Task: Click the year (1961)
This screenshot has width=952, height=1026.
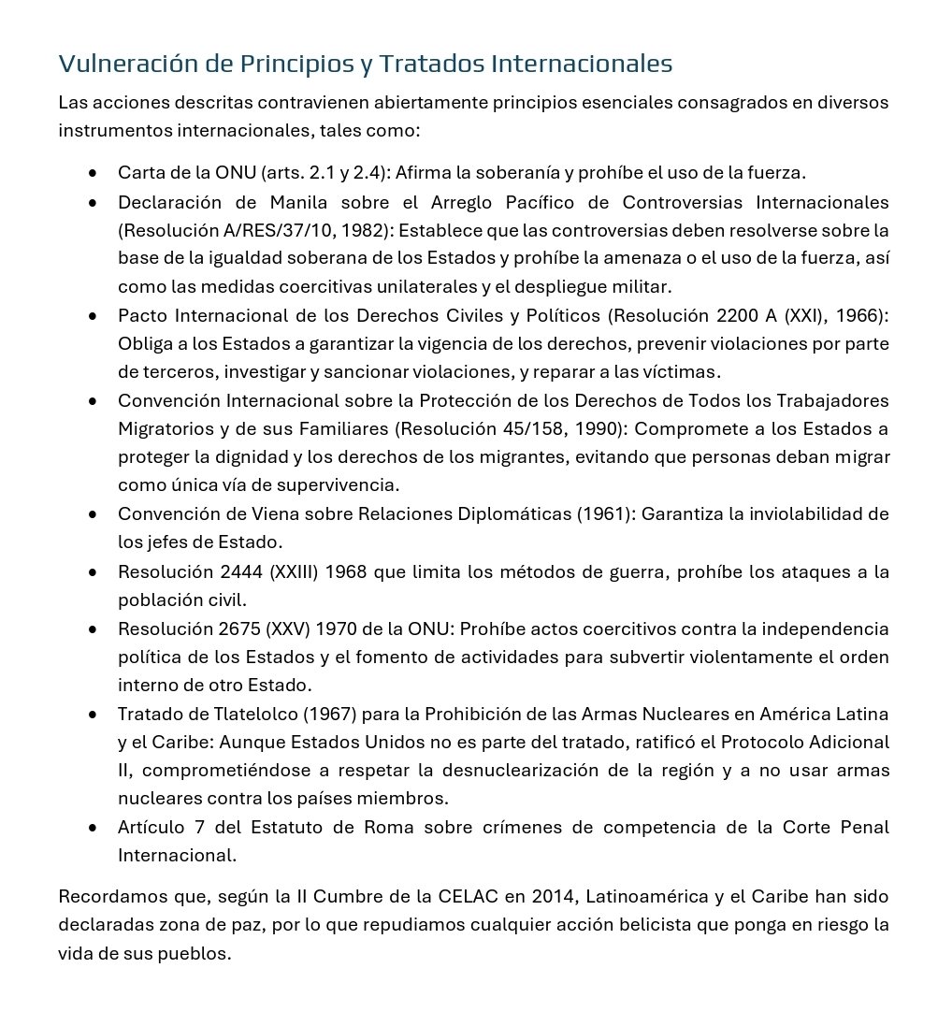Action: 605,514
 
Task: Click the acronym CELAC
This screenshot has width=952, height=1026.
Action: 468,897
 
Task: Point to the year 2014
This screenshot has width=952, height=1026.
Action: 552,897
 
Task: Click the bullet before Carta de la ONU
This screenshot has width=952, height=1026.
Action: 93,174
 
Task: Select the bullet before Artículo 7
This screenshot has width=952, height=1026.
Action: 93,829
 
